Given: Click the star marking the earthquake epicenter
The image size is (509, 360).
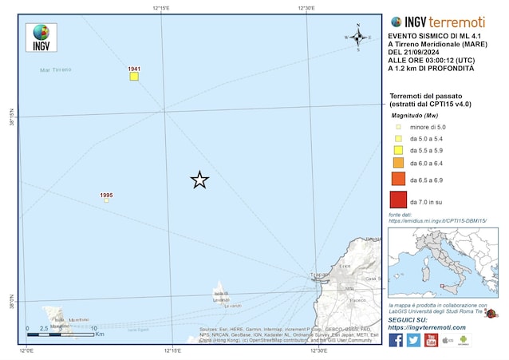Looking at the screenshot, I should (x=199, y=180).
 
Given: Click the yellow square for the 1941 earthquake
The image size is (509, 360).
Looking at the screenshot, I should (x=134, y=77).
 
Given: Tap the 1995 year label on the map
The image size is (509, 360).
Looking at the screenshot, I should (x=106, y=195).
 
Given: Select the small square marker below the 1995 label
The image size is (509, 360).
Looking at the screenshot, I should (x=106, y=200).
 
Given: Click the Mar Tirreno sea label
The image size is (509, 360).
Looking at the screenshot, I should (x=55, y=70).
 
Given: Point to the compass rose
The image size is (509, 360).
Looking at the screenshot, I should (x=358, y=37).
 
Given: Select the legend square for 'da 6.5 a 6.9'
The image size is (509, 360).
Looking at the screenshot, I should (x=397, y=180).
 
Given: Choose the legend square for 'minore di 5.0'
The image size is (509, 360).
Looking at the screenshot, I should (x=397, y=126).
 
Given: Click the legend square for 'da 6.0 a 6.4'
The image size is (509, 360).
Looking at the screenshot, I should (x=397, y=163).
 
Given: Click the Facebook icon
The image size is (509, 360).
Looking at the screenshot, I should (x=396, y=340).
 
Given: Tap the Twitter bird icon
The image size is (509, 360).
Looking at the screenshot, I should (x=413, y=340).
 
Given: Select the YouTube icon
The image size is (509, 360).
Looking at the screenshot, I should (x=431, y=340).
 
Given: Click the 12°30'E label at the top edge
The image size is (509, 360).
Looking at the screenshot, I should (x=306, y=8).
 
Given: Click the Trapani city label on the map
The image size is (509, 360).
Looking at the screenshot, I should (x=319, y=277).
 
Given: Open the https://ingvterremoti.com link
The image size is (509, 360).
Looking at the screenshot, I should (x=428, y=327).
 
